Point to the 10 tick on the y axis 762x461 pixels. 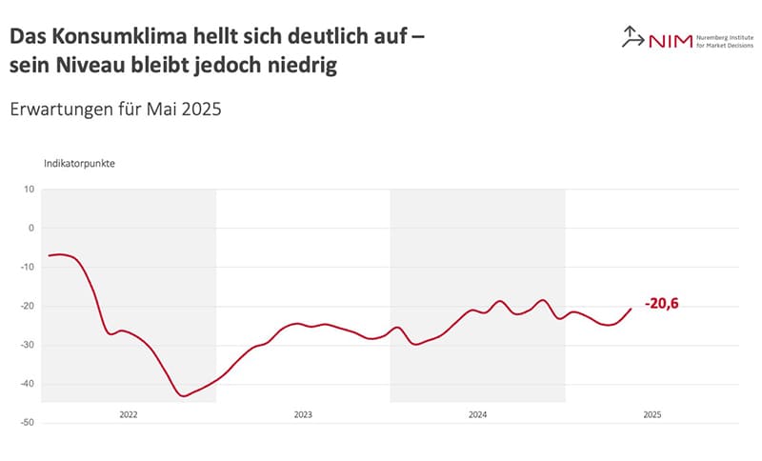point(29,189)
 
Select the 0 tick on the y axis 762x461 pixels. point(30,228)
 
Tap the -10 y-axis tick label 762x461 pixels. point(28,267)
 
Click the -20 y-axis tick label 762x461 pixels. point(28,306)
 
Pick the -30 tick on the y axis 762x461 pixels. point(28,345)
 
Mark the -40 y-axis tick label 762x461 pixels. point(28,384)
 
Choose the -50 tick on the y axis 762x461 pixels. point(28,422)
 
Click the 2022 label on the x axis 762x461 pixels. point(129,414)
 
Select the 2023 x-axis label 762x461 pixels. point(303,414)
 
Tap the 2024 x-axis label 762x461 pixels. point(478,414)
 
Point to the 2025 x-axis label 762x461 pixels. point(652,414)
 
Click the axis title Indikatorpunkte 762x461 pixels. point(80,163)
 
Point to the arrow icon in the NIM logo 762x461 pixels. point(632,37)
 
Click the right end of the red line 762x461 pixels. point(631,308)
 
